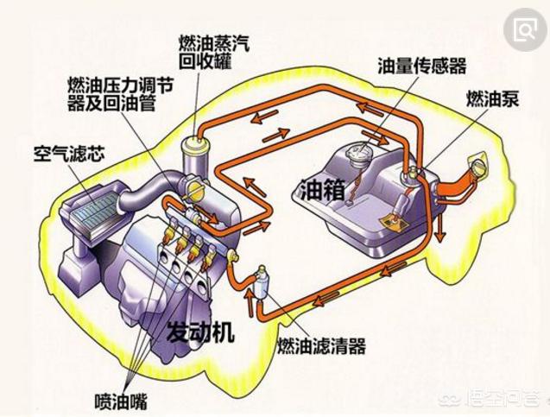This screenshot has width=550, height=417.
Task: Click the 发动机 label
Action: pyautogui.click(x=203, y=332)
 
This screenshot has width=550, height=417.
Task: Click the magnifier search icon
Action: pyautogui.click(x=524, y=31)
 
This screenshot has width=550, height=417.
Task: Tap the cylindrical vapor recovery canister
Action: pyautogui.click(x=197, y=155)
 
